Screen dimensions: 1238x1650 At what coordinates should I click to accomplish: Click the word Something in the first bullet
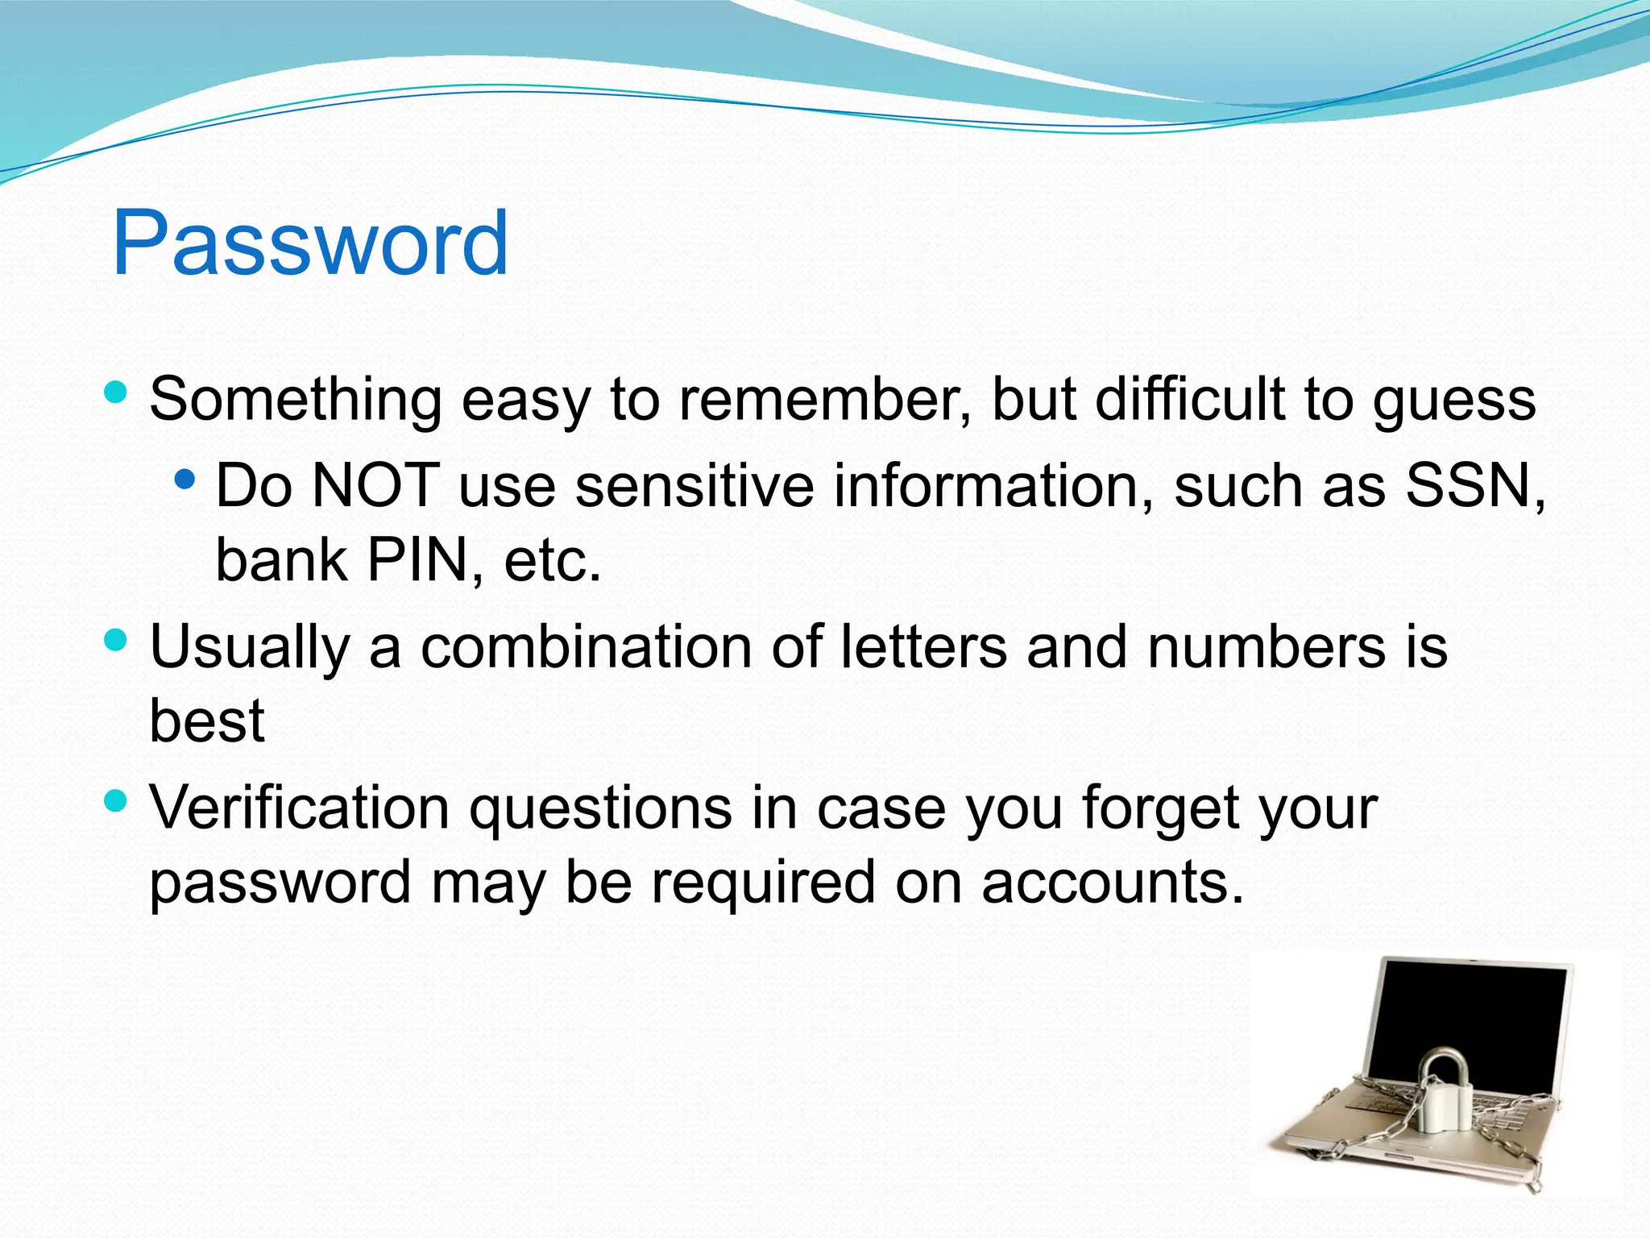[x=295, y=400]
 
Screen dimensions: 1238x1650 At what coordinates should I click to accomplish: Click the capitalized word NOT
[x=375, y=485]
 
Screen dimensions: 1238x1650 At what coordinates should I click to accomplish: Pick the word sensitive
[x=694, y=485]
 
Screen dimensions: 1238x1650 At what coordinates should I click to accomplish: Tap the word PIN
[x=417, y=559]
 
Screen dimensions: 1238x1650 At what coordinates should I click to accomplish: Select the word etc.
[x=553, y=561]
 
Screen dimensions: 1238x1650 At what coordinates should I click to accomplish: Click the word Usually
[x=250, y=648]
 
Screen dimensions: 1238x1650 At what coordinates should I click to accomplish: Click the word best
[x=207, y=721]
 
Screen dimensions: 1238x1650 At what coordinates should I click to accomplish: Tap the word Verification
[x=300, y=808]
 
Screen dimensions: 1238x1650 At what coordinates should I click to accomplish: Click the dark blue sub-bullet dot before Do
[x=185, y=480]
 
